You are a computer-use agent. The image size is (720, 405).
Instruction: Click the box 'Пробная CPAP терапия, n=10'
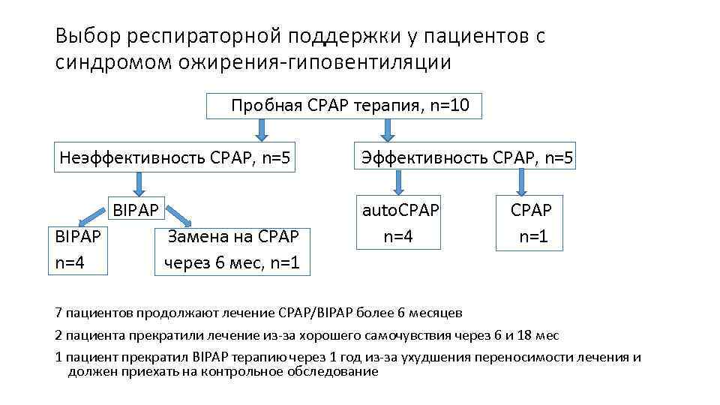[343, 106]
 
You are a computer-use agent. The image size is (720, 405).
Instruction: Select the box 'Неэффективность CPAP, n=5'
[175, 157]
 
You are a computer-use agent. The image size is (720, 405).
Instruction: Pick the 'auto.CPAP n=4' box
[400, 223]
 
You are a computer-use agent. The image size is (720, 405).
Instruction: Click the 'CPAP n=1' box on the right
[529, 223]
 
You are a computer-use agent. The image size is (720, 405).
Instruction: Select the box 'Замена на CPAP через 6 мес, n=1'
[232, 250]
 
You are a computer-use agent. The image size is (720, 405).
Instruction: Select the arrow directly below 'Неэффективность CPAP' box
[139, 184]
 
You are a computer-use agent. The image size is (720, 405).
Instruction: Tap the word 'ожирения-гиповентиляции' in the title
[315, 61]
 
